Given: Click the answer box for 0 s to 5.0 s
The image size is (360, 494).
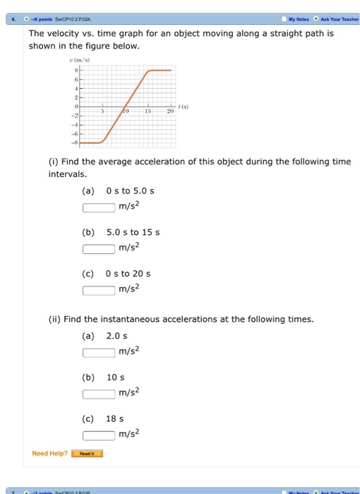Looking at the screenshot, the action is click(99, 207).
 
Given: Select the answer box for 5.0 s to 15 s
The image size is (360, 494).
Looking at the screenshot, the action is click(99, 248).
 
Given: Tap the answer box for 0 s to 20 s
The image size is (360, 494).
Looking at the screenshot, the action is click(99, 289).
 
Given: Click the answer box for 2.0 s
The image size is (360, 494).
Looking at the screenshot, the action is click(99, 352).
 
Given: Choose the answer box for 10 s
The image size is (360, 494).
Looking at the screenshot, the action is click(99, 393).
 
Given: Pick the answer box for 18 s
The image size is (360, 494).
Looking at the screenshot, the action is click(99, 433).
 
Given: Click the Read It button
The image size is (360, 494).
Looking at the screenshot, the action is click(87, 454).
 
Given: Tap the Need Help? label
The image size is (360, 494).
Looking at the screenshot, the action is click(50, 453).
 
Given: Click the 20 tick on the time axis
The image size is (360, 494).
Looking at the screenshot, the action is click(170, 112).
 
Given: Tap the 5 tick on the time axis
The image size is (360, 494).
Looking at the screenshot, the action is click(103, 112).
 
